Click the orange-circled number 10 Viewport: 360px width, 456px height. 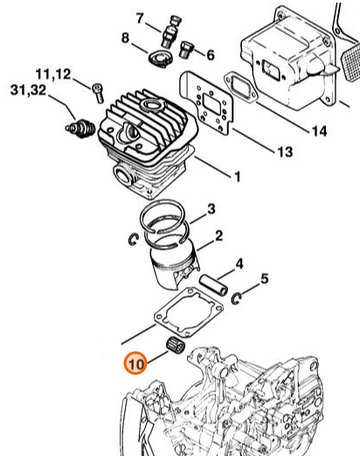point(136,363)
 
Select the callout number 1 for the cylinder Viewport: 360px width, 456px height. point(237,177)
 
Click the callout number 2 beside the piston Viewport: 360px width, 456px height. point(219,236)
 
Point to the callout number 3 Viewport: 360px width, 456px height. point(211,209)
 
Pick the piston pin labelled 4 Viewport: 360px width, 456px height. point(214,284)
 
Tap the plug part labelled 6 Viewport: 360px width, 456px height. point(186,50)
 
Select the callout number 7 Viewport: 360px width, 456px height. point(140,18)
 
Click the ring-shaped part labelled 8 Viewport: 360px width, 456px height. point(160,59)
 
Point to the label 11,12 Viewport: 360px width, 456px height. point(53,75)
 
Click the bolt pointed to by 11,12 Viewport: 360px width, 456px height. point(98,92)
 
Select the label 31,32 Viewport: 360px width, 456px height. point(28,90)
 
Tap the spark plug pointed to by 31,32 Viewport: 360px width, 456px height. point(80,128)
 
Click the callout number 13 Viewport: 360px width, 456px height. point(285,152)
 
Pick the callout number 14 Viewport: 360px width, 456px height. point(320,131)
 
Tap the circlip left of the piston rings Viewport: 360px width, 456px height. point(134,240)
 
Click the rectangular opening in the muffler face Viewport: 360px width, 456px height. point(270,70)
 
